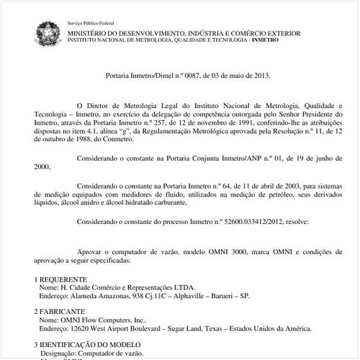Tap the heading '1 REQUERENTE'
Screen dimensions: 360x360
click(x=61, y=278)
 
